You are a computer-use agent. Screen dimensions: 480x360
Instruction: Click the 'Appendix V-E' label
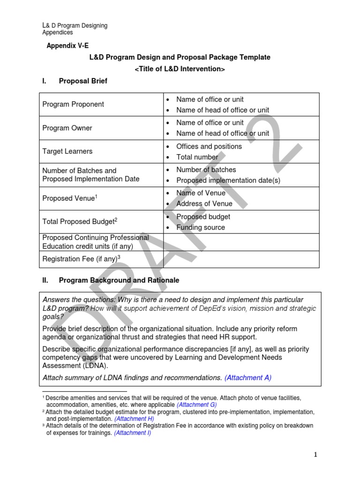point(67,45)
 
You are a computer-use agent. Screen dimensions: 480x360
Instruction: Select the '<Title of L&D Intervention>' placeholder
point(180,69)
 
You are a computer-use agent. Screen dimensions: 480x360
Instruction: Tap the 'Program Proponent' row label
point(73,104)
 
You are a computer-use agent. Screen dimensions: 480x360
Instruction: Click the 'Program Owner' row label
point(67,128)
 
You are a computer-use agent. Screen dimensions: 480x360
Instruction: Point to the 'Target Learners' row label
point(67,151)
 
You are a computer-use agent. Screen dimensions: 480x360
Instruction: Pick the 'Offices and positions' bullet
point(209,146)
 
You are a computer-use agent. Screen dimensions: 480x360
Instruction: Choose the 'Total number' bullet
point(197,157)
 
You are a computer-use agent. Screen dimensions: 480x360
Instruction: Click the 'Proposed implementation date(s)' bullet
point(228,180)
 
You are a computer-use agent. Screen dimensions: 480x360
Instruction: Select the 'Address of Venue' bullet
point(204,203)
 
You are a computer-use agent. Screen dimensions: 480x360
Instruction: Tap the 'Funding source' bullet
point(200,227)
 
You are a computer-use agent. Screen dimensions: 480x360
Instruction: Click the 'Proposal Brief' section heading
point(83,81)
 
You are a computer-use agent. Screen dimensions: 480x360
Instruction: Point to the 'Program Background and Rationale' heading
point(119,280)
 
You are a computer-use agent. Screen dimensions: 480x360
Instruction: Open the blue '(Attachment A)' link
point(248,377)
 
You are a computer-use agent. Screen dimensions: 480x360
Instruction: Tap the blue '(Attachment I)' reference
point(132,433)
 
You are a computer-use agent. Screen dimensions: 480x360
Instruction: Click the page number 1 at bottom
point(316,454)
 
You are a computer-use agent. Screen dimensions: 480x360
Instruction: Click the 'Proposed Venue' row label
point(68,198)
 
